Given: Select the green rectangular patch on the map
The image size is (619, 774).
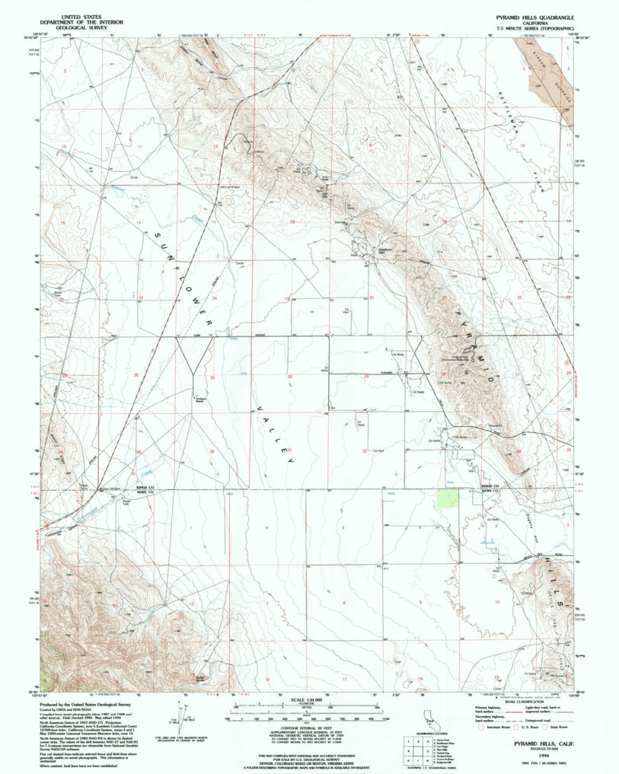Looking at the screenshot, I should coord(448,498).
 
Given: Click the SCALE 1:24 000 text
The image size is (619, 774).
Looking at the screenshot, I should coord(309,699).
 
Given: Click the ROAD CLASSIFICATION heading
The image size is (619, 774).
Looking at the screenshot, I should coord(517,699).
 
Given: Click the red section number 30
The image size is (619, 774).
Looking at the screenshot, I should coord(289,377).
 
